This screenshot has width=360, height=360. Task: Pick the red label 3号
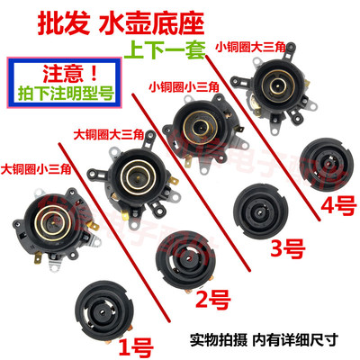[284, 246]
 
